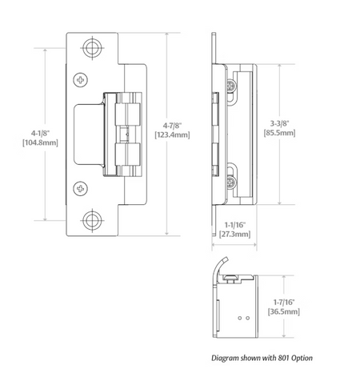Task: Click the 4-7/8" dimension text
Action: click(172, 126)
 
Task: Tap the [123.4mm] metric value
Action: click(172, 134)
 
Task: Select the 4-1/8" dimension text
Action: click(40, 133)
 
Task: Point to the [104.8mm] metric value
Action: click(40, 142)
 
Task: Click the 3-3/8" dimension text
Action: click(279, 123)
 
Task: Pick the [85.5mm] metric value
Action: click(279, 133)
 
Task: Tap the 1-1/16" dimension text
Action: click(234, 225)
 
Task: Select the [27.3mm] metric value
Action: click(234, 235)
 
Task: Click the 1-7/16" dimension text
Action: click(284, 302)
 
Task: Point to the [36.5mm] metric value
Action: click(284, 311)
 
